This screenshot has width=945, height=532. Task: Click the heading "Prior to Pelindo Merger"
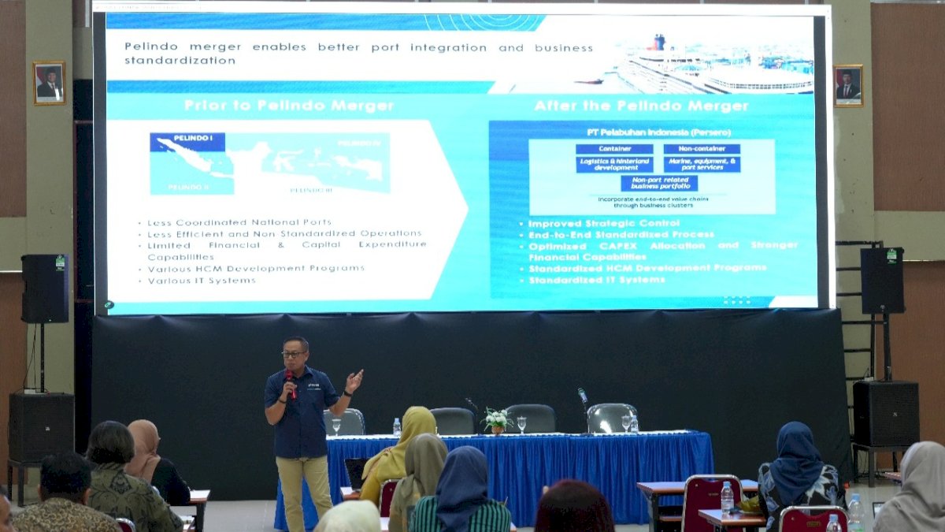pos(289,106)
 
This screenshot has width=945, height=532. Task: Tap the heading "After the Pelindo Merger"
pos(641,106)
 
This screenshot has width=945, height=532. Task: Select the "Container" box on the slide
pos(614,149)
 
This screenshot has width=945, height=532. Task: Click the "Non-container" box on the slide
pos(701,149)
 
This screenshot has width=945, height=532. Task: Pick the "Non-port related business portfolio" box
pos(659,183)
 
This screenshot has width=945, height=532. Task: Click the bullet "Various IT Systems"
pos(202,281)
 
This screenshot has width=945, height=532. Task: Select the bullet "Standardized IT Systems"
pos(596,280)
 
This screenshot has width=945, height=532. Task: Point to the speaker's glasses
pos(293,354)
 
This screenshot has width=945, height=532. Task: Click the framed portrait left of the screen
pos(49,83)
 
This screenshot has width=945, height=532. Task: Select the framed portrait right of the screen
pos(848,85)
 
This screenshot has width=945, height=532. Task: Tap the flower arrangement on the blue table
pos(496,419)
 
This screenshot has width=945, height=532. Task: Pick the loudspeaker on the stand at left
pos(44,288)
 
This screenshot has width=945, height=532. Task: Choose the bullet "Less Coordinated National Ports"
pos(239,222)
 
